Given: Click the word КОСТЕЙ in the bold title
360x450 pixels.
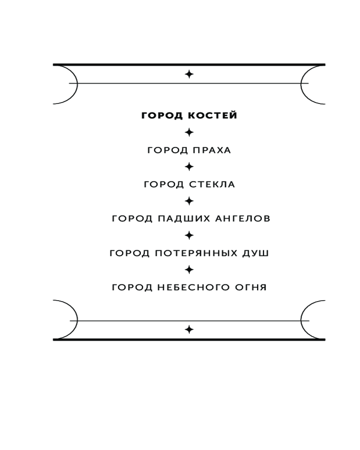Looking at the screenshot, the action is (212, 115).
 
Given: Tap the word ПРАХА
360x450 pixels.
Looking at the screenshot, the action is (212, 150).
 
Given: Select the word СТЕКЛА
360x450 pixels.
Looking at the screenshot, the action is (212, 184).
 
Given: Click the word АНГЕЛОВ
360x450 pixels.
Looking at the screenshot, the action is (243, 219).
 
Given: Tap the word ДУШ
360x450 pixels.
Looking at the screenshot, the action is (256, 253).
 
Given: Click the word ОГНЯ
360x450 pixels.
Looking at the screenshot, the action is (251, 287).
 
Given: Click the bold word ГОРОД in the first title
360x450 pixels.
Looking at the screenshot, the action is (162, 115).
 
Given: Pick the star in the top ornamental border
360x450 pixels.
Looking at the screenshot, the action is (189, 74).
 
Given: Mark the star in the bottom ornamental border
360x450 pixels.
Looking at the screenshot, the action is (189, 329).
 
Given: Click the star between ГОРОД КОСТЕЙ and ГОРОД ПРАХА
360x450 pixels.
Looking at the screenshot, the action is (189, 132).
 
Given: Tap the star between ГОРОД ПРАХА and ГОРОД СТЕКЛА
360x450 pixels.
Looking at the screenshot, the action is (189, 167).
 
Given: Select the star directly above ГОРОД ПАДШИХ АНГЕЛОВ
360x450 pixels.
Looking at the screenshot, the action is (189, 201).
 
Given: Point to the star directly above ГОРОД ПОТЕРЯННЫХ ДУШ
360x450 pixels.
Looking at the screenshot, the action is (189, 236).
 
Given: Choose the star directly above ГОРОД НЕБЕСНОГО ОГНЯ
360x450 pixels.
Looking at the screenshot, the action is (189, 270).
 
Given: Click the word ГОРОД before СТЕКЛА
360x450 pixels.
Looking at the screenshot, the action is (164, 184).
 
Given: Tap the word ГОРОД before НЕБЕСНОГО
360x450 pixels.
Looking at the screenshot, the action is (132, 287).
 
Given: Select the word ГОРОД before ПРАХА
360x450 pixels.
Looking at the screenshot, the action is (167, 150).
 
